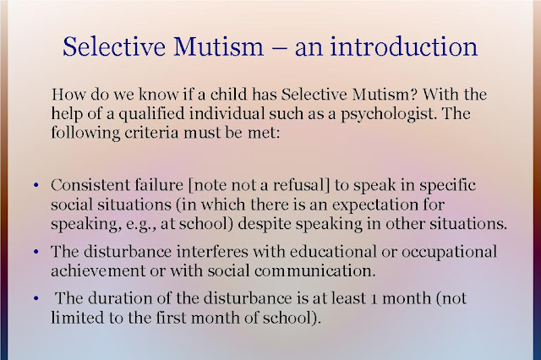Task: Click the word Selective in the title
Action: point(114,46)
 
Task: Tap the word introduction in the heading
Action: point(404,46)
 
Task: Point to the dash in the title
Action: point(279,48)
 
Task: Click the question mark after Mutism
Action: point(414,94)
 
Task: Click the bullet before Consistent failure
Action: point(36,186)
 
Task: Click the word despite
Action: point(265,224)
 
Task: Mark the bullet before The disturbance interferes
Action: point(36,252)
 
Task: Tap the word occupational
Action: point(449,252)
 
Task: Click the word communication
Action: point(314,270)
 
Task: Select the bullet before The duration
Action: point(36,298)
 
